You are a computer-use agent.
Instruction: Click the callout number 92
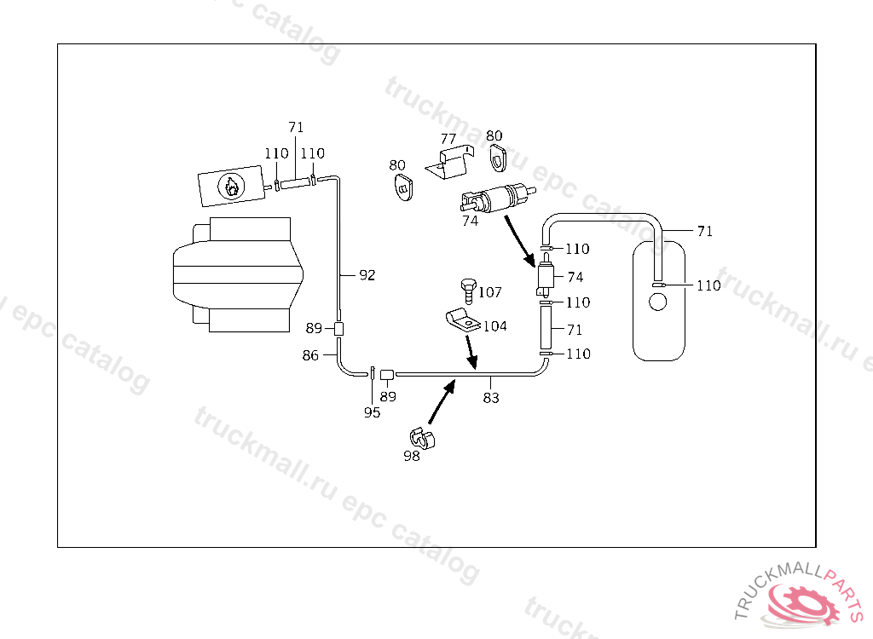367,275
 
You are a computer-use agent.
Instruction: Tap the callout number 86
310,355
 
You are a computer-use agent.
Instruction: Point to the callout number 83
491,397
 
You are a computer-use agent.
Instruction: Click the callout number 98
412,456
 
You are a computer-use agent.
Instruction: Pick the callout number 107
489,292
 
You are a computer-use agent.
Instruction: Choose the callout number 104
494,325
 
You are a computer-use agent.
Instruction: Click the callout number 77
448,138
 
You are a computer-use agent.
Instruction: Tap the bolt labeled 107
467,290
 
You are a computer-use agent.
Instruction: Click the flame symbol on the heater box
230,187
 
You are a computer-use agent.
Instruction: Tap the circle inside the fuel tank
657,302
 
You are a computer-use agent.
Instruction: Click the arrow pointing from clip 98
441,402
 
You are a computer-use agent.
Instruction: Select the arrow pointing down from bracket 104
469,351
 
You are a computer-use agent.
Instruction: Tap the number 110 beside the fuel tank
708,285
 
